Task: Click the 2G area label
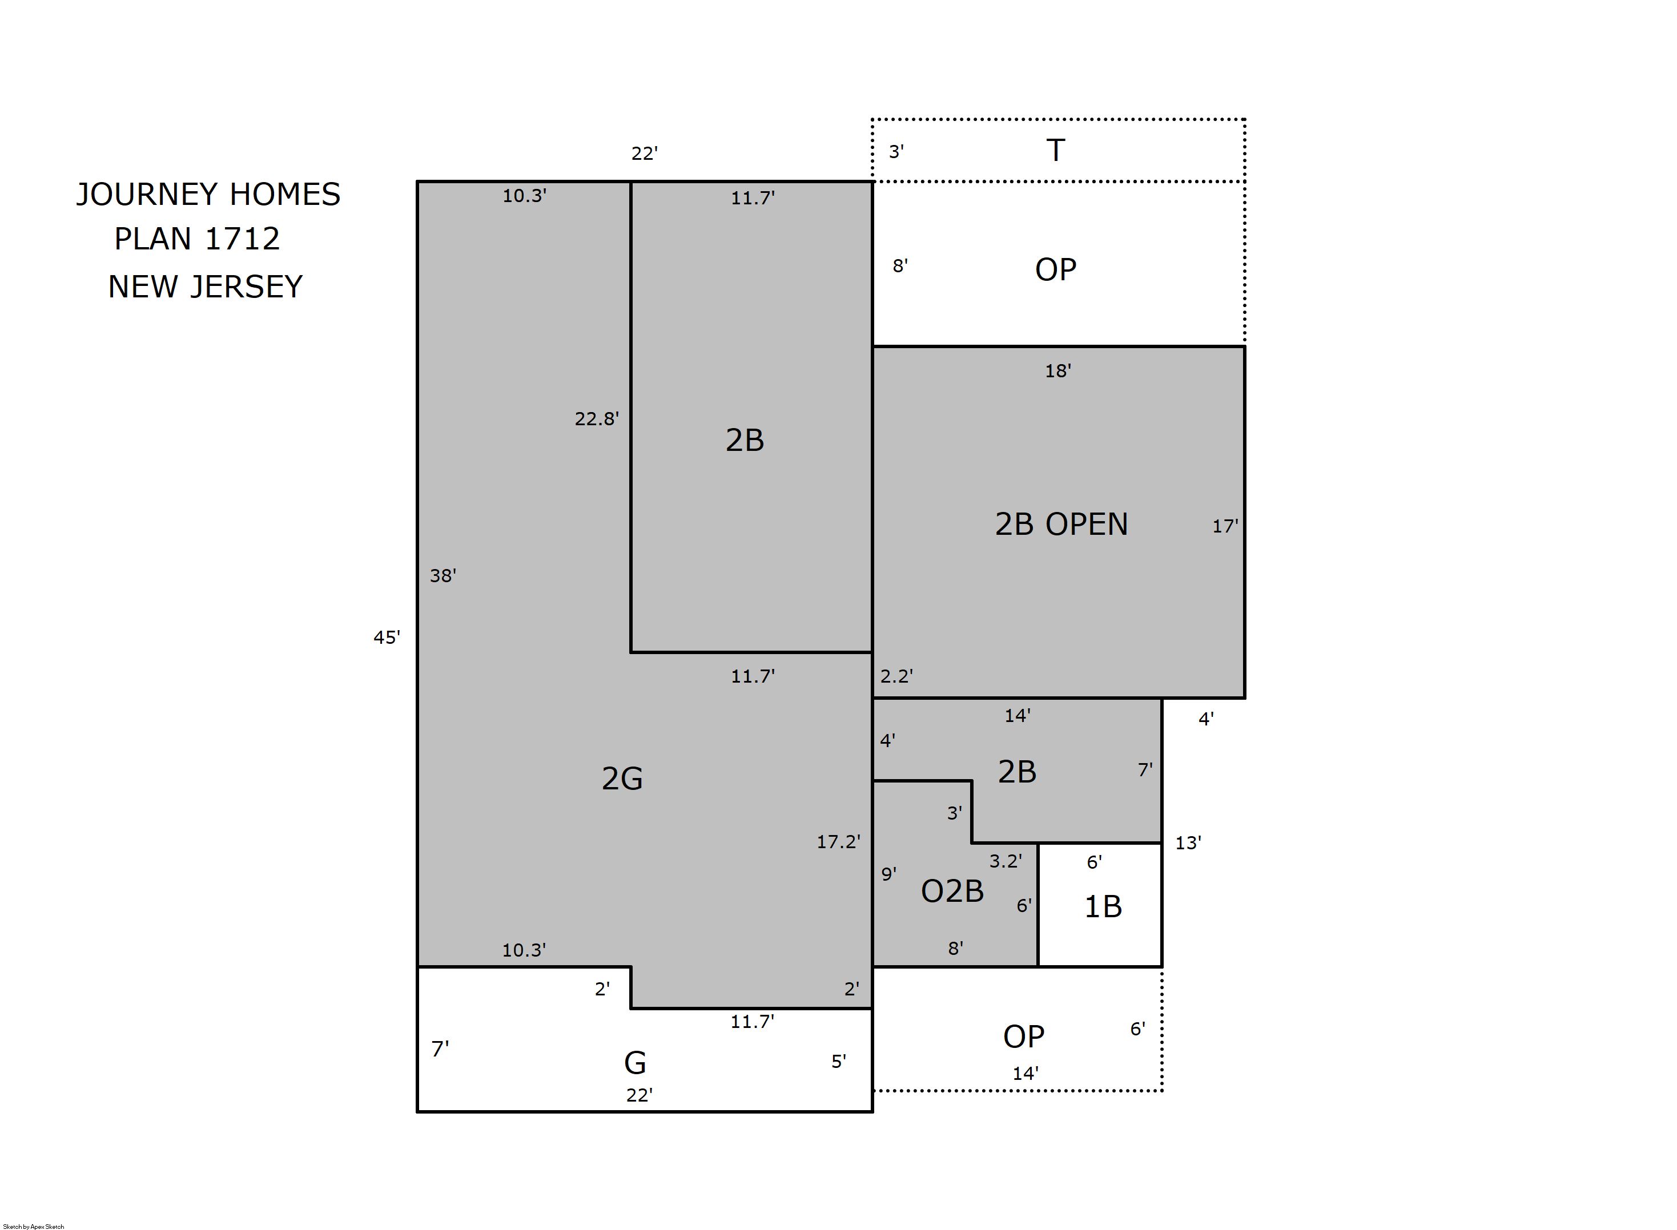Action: pos(622,779)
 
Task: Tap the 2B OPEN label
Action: pos(1061,524)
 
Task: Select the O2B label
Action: pos(952,891)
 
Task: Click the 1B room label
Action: pos(1102,907)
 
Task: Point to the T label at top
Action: pos(1055,151)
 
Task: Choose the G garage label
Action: pos(634,1063)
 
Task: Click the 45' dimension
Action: pos(387,638)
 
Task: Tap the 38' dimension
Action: pos(443,575)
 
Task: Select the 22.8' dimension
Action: pos(597,419)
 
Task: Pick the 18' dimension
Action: pos(1057,371)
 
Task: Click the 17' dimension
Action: pos(1225,526)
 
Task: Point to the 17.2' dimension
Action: pos(838,842)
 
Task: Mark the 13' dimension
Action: pos(1188,843)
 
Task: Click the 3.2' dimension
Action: pos(1006,861)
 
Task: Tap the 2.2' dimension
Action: pos(896,676)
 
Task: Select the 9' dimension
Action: pos(888,874)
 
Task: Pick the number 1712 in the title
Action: pos(242,239)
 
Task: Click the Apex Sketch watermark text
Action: pos(34,1226)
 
